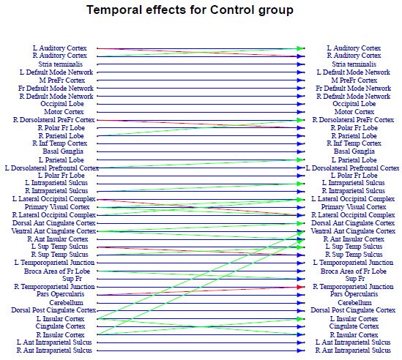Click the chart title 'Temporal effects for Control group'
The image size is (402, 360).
tap(190, 11)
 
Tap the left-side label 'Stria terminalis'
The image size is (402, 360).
tap(61, 64)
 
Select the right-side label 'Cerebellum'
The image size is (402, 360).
tap(354, 303)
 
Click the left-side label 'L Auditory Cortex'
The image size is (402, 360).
tap(60, 48)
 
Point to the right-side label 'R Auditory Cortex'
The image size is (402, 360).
tap(354, 56)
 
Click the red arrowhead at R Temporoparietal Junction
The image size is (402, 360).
tap(300, 287)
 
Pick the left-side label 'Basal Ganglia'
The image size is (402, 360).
tap(63, 151)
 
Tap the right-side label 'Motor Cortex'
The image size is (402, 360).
tap(354, 112)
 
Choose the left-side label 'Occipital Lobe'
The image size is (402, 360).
tap(62, 104)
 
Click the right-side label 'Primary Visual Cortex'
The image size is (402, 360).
tap(354, 207)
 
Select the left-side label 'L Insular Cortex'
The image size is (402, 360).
tap(60, 319)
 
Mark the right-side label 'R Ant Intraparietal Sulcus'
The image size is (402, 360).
tap(353, 350)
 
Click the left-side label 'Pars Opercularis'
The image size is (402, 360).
tap(60, 294)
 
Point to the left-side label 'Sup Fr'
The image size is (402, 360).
tap(72, 279)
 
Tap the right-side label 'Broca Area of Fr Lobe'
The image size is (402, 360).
tap(354, 271)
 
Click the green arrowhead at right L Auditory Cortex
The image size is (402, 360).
tap(300, 48)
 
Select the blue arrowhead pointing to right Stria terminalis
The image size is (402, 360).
tap(300, 64)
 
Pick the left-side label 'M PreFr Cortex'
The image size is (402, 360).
tap(62, 80)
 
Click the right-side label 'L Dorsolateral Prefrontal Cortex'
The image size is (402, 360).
tap(353, 168)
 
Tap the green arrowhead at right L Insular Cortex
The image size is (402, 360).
tap(300, 319)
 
